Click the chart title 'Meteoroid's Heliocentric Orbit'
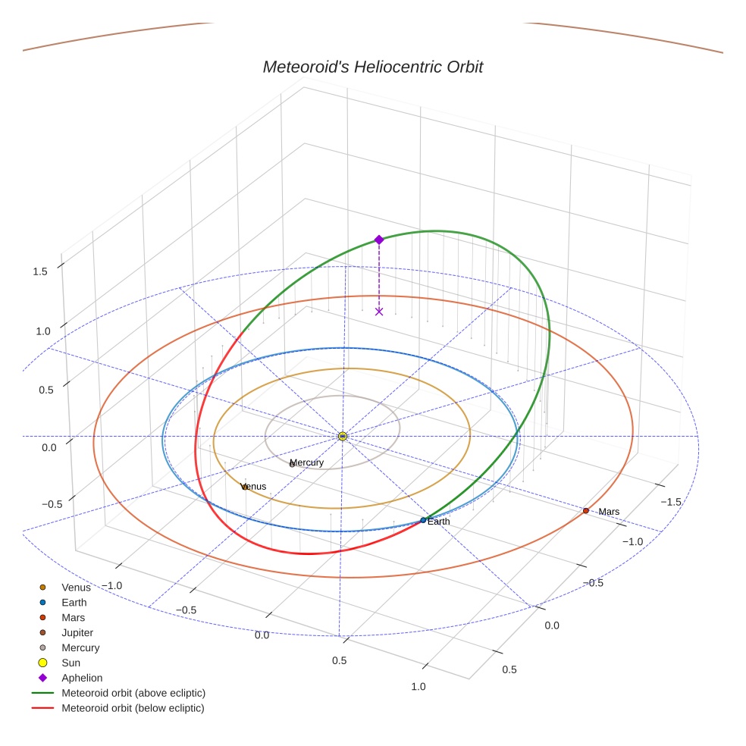pyautogui.click(x=372, y=67)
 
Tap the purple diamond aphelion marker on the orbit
pyautogui.click(x=379, y=240)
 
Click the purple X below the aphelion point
pyautogui.click(x=379, y=312)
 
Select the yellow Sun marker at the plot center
pyautogui.click(x=343, y=436)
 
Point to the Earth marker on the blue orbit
pyautogui.click(x=423, y=520)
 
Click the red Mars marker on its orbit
pyautogui.click(x=586, y=511)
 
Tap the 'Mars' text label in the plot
pyautogui.click(x=609, y=512)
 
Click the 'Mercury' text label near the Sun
pyautogui.click(x=307, y=462)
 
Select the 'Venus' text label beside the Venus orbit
pyautogui.click(x=254, y=486)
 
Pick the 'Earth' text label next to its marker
pyautogui.click(x=438, y=522)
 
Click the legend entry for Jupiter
pyautogui.click(x=77, y=632)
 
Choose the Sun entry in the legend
pyautogui.click(x=71, y=663)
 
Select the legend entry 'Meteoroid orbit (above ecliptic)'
pyautogui.click(x=133, y=693)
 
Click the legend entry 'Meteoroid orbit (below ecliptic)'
pyautogui.click(x=133, y=708)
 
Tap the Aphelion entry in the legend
pyautogui.click(x=82, y=678)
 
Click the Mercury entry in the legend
pyautogui.click(x=80, y=647)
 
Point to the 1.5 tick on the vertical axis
pyautogui.click(x=40, y=271)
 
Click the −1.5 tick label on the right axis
pyautogui.click(x=671, y=502)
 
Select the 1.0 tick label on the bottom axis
pyautogui.click(x=418, y=687)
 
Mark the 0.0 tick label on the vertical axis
pyautogui.click(x=49, y=447)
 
